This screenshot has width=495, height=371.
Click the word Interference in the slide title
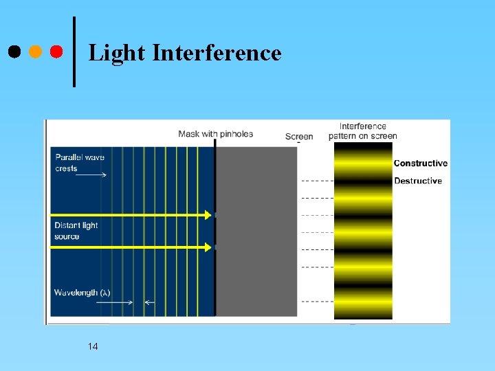[217, 52]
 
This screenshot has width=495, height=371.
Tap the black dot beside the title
[14, 52]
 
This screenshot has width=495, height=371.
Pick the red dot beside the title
[56, 52]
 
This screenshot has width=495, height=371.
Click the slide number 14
[93, 346]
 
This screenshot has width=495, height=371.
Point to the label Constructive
[420, 164]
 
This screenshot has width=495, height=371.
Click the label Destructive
[417, 181]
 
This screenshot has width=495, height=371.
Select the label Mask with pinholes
[215, 134]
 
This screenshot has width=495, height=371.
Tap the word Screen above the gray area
[299, 137]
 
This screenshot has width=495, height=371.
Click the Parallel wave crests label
[80, 163]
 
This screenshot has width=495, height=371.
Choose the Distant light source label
[76, 231]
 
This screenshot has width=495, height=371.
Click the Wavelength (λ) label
[82, 293]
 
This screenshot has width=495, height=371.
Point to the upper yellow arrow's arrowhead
[208, 215]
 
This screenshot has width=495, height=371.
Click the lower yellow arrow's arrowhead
[208, 247]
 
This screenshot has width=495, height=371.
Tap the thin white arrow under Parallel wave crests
[91, 175]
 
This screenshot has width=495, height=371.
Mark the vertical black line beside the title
[74, 52]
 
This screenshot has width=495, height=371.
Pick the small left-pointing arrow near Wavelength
[149, 302]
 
